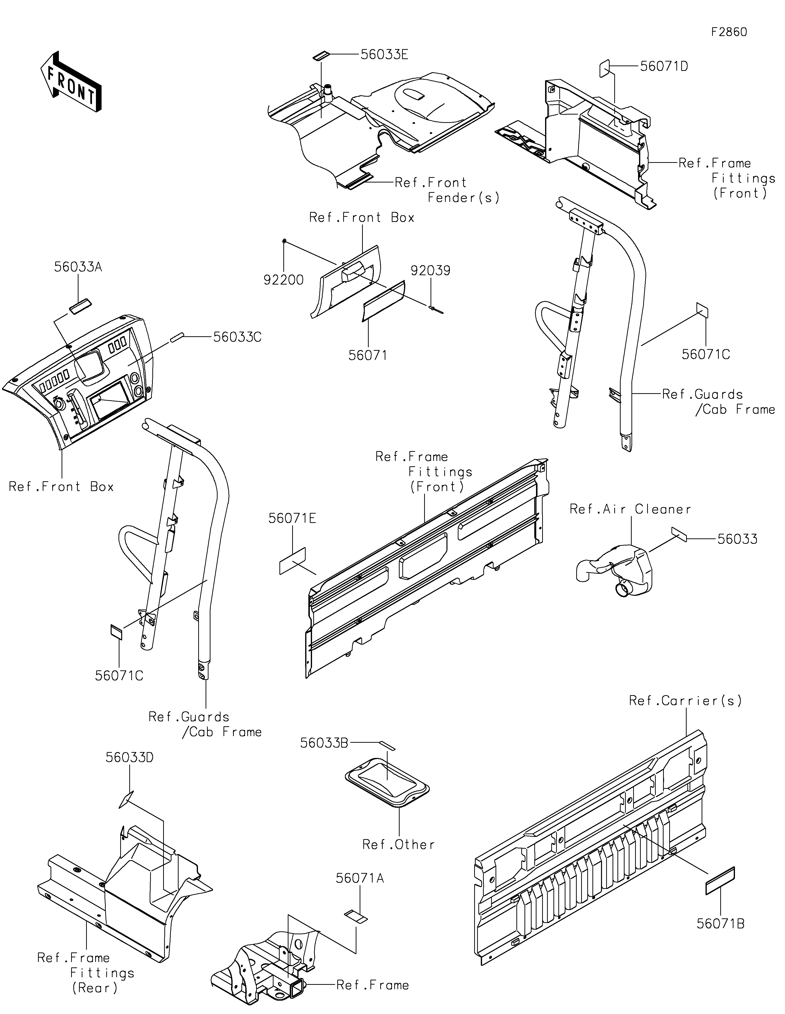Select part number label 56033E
(384, 54)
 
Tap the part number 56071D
(664, 66)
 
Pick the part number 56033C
(237, 337)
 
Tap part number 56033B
(324, 743)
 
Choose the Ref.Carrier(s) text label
(685, 701)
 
